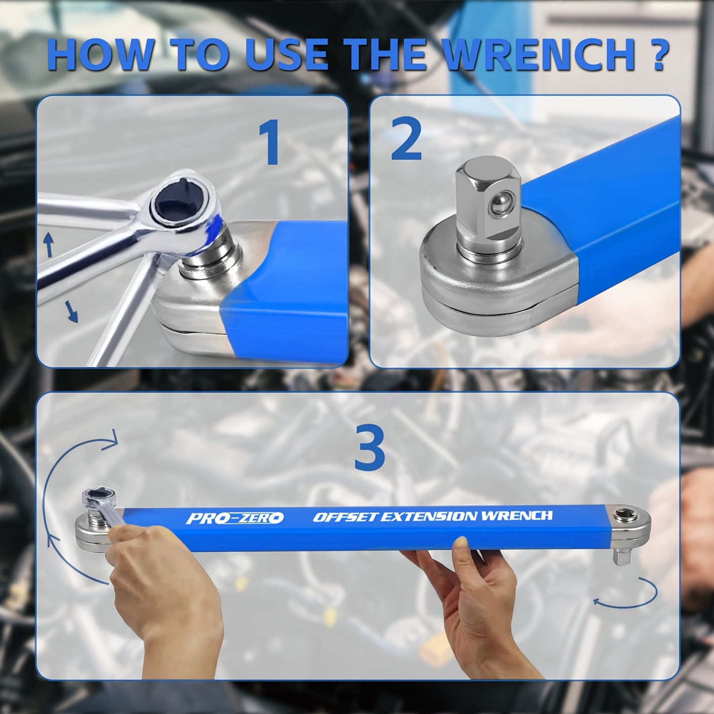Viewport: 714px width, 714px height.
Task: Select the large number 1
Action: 270,143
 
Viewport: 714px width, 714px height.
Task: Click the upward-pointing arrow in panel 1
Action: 48,245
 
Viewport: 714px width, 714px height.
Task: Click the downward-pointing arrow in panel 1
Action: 72,312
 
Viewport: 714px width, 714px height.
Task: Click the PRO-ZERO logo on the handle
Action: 235,518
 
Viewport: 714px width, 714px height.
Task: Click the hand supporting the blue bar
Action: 474,588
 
